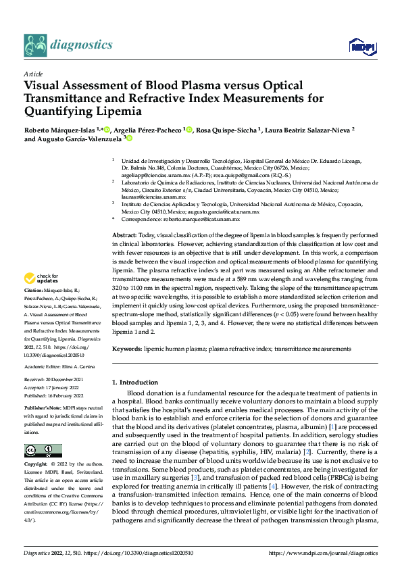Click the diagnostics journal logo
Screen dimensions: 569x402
pos(68,45)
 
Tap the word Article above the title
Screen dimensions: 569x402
pos(33,74)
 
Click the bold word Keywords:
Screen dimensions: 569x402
pos(126,349)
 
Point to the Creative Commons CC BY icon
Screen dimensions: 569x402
pos(43,451)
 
